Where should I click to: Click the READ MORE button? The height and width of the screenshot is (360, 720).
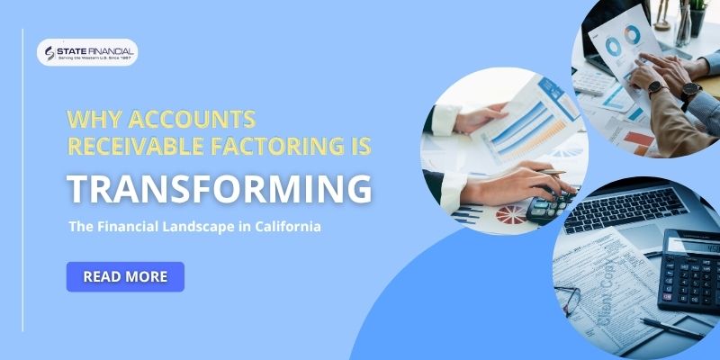click(125, 276)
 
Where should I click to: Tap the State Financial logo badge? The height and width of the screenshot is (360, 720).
click(87, 53)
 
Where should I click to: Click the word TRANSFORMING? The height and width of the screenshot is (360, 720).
click(220, 188)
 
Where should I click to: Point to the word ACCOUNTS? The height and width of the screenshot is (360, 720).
click(192, 119)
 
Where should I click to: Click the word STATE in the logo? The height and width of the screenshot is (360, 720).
click(73, 49)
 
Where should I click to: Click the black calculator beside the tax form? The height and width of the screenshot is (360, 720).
click(688, 270)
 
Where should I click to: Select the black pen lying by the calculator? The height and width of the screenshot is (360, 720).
click(670, 328)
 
